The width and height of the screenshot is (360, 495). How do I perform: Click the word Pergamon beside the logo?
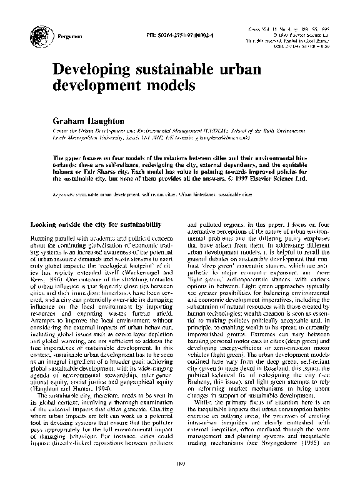coord(61,37)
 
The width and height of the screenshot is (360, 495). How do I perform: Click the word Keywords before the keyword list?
coord(66,194)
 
